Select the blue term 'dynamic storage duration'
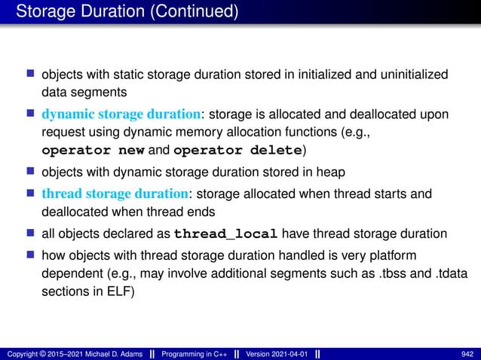(x=121, y=114)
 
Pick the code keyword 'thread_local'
(x=230, y=230)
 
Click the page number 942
(x=466, y=353)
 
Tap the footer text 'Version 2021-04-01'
(x=277, y=353)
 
